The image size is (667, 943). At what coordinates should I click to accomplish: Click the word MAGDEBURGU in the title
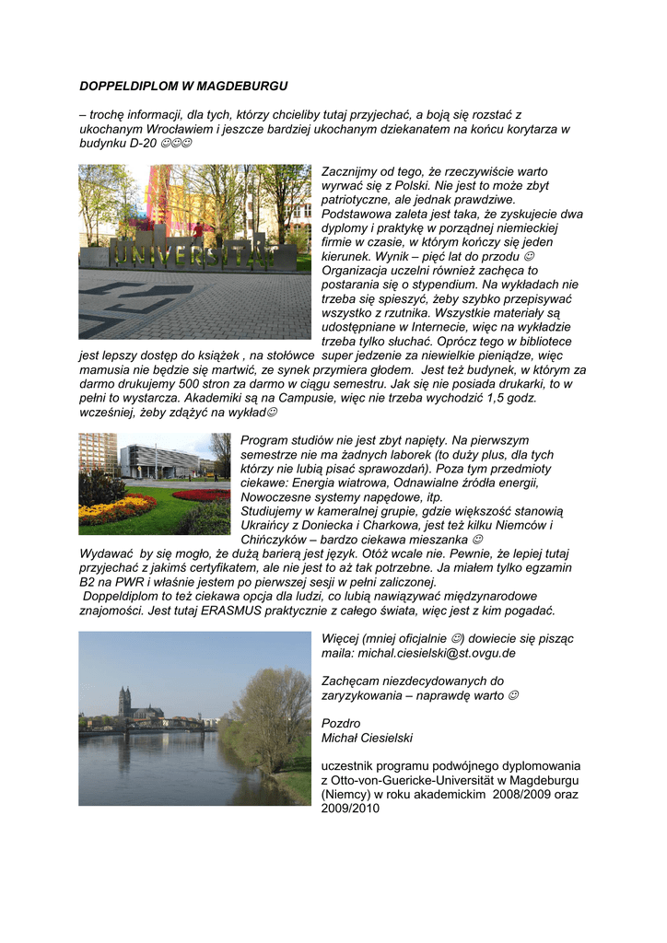(x=247, y=86)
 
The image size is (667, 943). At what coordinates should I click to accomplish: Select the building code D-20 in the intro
(x=141, y=145)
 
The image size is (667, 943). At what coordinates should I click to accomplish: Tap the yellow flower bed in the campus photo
(x=115, y=509)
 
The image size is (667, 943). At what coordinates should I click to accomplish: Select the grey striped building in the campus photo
(x=162, y=461)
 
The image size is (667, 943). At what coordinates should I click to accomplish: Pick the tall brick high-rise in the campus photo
(x=97, y=453)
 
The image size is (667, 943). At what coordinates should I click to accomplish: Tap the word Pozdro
(x=341, y=723)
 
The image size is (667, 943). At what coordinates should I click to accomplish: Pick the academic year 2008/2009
(x=523, y=794)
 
